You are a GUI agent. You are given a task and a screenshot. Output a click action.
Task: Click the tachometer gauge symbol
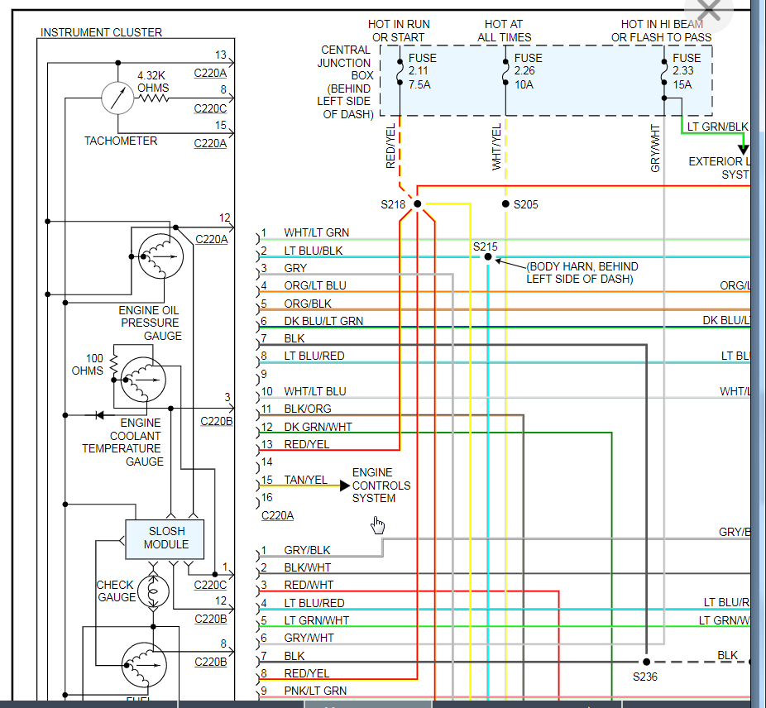coord(117,98)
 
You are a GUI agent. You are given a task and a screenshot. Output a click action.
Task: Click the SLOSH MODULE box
coord(165,538)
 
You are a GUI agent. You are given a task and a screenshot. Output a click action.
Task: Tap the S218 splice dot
coord(418,203)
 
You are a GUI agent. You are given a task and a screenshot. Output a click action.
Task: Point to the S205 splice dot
coord(505,203)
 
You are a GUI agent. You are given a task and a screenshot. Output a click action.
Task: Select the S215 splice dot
coord(487,257)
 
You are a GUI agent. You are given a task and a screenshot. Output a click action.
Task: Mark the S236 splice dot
coord(646,662)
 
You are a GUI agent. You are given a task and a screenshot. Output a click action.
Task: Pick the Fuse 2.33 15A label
coord(687,71)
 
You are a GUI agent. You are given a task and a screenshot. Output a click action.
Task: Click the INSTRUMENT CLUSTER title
coord(101,32)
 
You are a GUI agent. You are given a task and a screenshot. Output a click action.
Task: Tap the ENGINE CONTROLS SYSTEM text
coord(381,486)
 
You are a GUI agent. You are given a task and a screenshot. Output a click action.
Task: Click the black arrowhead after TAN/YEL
coord(345,486)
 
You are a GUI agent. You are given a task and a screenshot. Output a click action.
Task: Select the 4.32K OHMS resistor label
coord(153,81)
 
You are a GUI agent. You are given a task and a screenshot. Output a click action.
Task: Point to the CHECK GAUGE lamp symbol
coord(153,590)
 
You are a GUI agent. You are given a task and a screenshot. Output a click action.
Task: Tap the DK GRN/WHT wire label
coord(318,427)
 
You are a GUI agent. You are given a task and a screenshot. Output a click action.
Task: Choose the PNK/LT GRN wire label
coord(315,691)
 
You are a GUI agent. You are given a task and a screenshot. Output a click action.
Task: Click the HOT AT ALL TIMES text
coord(505,31)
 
